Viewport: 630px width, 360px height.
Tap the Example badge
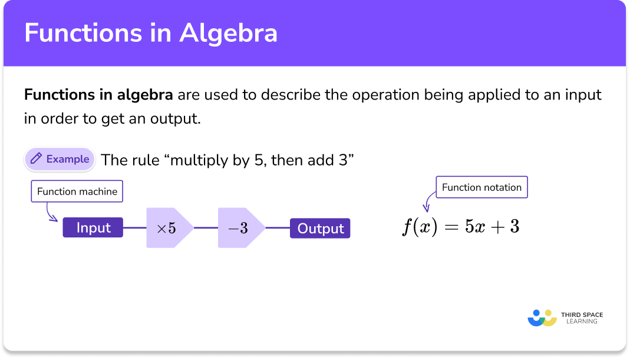coord(60,159)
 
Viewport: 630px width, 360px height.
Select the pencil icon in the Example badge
coord(36,159)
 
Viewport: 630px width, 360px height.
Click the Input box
coord(93,228)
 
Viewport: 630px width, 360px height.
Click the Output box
coord(320,228)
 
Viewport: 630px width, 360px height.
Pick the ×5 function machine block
coord(169,228)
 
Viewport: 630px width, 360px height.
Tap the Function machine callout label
coord(77,191)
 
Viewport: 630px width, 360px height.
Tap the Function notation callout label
coord(481,187)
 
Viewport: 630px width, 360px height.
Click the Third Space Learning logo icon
coord(542,318)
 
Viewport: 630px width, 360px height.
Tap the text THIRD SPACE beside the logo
coord(582,315)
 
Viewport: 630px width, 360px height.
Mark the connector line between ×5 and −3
coord(206,228)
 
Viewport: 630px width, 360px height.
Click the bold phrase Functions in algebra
coord(98,95)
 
